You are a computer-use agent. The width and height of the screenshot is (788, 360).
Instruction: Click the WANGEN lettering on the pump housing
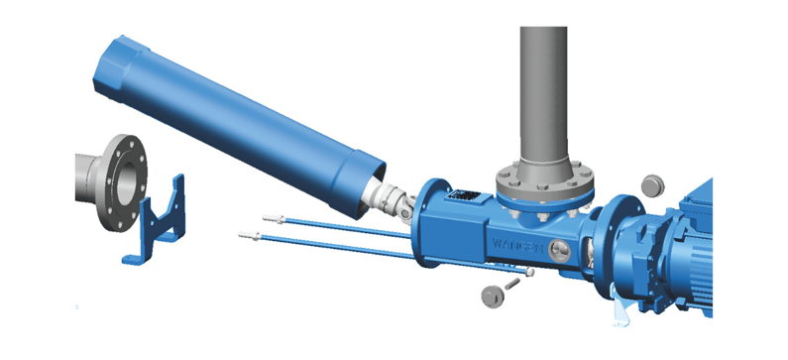pyautogui.click(x=515, y=242)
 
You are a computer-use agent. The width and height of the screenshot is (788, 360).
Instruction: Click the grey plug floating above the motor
pyautogui.click(x=652, y=185)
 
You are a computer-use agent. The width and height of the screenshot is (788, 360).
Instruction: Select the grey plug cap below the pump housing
pyautogui.click(x=492, y=297)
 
